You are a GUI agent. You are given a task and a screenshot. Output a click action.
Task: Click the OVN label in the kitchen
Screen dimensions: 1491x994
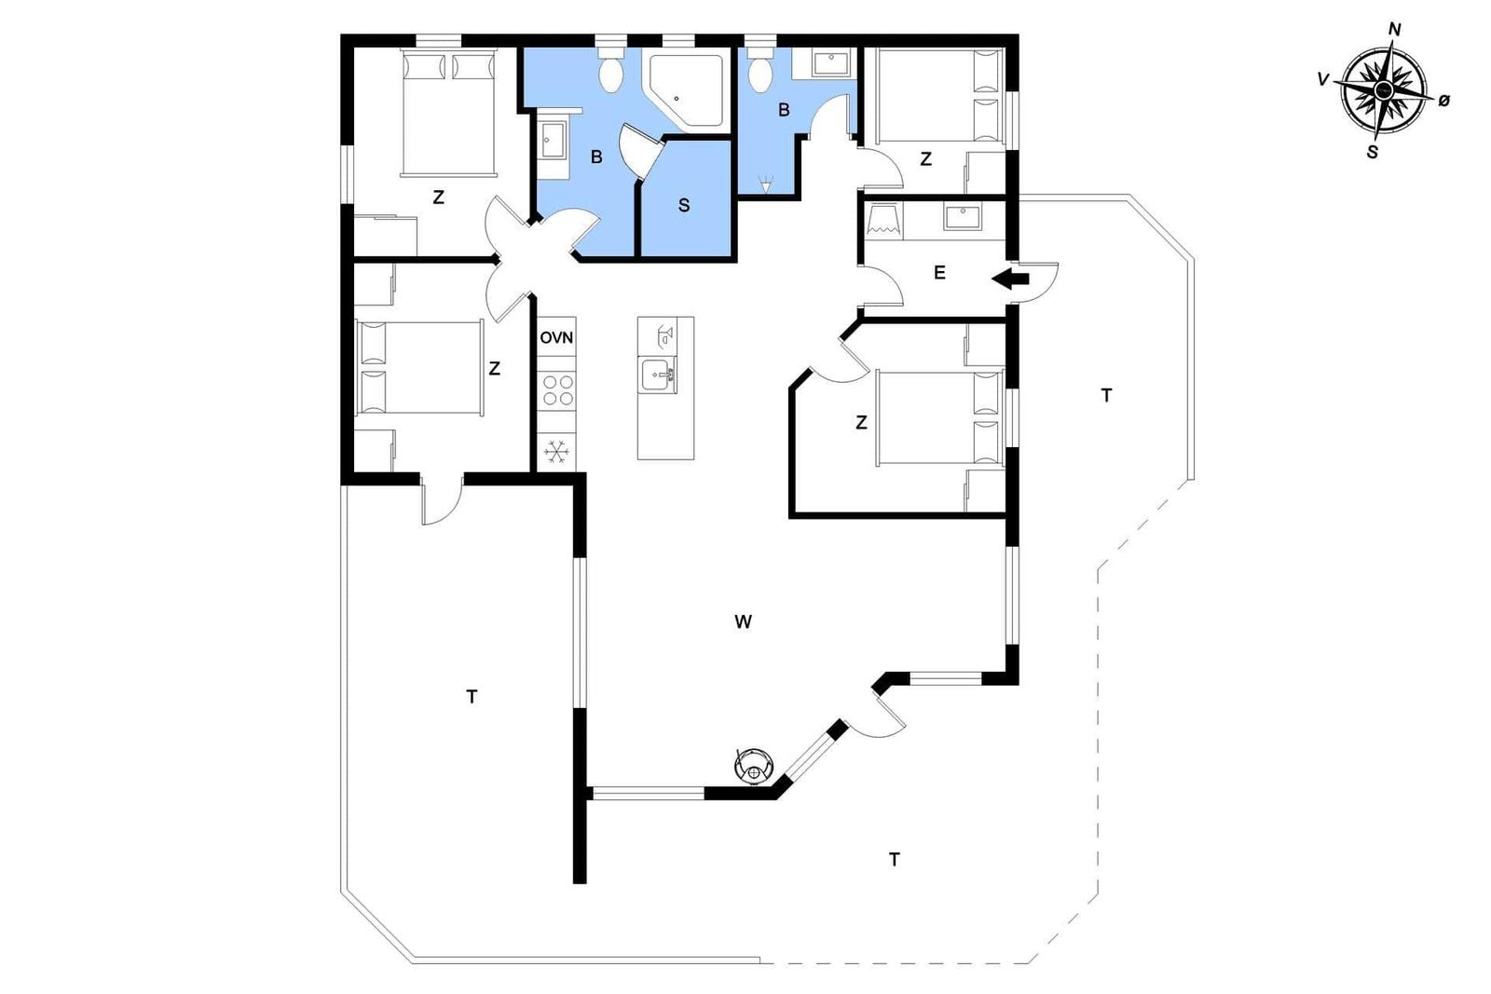(555, 338)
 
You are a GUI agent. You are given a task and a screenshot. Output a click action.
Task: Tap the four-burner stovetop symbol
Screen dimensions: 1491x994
(558, 390)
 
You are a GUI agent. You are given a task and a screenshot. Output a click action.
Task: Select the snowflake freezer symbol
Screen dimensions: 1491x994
(556, 453)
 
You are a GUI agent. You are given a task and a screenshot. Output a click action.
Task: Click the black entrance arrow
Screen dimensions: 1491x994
(1010, 279)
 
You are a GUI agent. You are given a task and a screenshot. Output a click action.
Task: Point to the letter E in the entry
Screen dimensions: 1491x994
(939, 273)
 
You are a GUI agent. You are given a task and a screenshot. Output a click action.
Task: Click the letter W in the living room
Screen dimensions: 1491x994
(743, 622)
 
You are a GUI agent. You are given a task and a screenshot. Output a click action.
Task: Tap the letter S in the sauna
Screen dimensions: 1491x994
(684, 206)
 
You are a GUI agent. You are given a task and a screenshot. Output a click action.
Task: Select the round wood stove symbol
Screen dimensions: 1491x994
(754, 766)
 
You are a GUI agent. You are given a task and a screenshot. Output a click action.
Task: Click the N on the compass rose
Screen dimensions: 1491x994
(1394, 30)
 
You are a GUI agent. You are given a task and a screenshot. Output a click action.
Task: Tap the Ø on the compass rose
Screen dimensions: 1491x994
(1443, 102)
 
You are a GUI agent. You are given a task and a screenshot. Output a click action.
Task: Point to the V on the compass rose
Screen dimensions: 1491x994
(1322, 80)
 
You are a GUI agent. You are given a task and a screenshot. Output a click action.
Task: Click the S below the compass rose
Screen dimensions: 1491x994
(1372, 153)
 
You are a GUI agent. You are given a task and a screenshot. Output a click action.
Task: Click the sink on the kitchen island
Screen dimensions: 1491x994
(657, 375)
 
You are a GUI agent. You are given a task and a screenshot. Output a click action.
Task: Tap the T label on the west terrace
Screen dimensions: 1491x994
(472, 697)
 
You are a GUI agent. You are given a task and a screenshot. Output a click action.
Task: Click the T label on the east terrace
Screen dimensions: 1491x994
(1106, 396)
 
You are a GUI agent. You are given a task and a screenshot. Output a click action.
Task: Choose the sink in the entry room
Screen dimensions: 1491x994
(962, 218)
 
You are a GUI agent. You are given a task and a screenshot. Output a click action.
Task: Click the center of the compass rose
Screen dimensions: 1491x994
(1383, 89)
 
